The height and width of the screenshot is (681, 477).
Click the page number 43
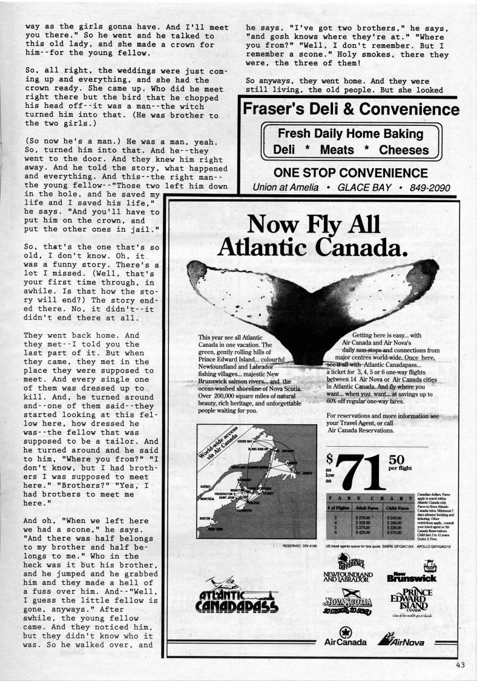462,665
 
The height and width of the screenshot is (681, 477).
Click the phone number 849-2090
430,187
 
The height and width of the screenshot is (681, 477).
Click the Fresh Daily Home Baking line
350,134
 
